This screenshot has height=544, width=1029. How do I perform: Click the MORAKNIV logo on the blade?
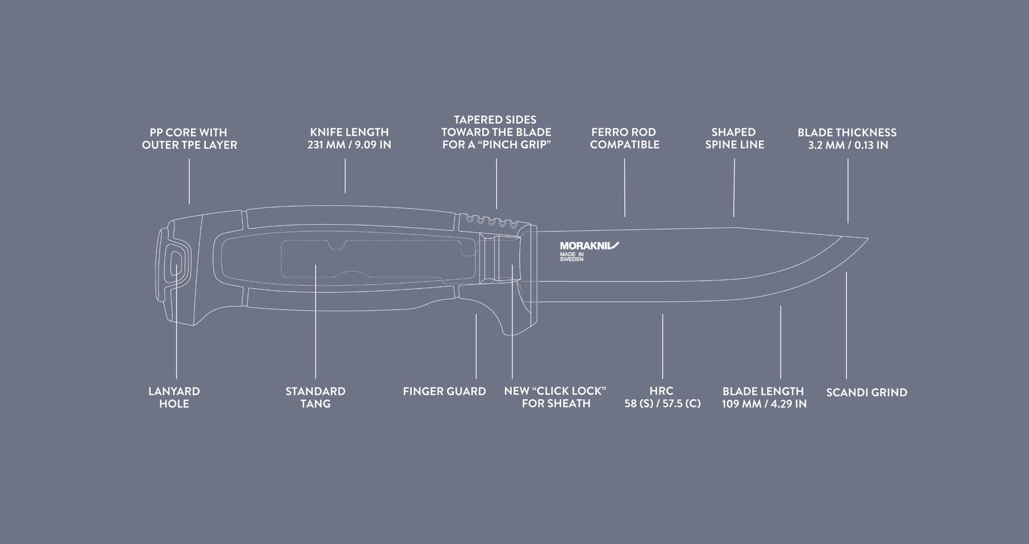(589, 246)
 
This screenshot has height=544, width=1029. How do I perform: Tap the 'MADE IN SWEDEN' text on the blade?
(572, 257)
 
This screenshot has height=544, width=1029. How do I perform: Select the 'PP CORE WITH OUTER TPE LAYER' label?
(189, 138)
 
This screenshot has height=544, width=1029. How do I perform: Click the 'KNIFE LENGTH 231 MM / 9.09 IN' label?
(349, 138)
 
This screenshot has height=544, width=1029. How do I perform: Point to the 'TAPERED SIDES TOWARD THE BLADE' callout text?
(496, 132)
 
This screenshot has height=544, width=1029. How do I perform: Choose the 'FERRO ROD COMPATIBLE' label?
(624, 138)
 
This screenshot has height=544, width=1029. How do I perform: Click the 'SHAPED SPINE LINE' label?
(734, 138)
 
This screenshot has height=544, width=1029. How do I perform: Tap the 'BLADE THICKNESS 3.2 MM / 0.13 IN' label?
(847, 138)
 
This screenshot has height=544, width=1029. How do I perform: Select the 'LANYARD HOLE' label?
(174, 398)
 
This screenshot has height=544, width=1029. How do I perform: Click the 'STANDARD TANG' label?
(316, 398)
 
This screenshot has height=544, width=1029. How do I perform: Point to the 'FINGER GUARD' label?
(444, 392)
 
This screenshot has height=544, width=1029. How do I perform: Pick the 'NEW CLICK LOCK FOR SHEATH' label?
(555, 397)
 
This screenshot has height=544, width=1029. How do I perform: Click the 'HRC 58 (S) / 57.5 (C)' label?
(662, 398)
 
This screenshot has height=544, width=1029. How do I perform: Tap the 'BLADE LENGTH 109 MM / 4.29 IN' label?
(764, 398)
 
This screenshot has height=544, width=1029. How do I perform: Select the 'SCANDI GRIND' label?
(867, 392)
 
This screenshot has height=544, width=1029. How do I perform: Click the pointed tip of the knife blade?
(868, 238)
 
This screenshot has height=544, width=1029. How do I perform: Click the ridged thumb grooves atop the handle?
(492, 220)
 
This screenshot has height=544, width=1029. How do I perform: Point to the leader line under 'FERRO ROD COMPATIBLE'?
(625, 188)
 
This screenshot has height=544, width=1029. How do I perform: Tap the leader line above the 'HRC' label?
(663, 346)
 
